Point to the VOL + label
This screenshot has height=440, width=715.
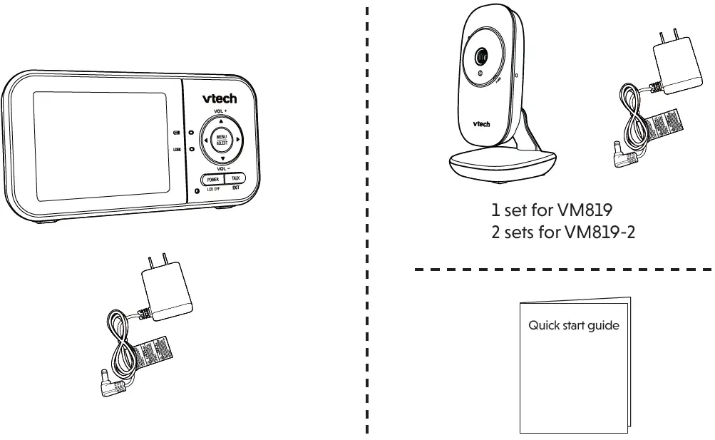pyautogui.click(x=220, y=113)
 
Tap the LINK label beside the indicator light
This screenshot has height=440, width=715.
pyautogui.click(x=177, y=149)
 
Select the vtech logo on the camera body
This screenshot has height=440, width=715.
pyautogui.click(x=482, y=124)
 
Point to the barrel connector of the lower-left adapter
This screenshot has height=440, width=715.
pyautogui.click(x=107, y=386)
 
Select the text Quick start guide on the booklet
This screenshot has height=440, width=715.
pyautogui.click(x=574, y=326)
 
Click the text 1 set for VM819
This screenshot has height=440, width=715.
pyautogui.click(x=552, y=211)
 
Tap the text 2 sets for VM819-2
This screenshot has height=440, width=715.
pyautogui.click(x=563, y=232)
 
